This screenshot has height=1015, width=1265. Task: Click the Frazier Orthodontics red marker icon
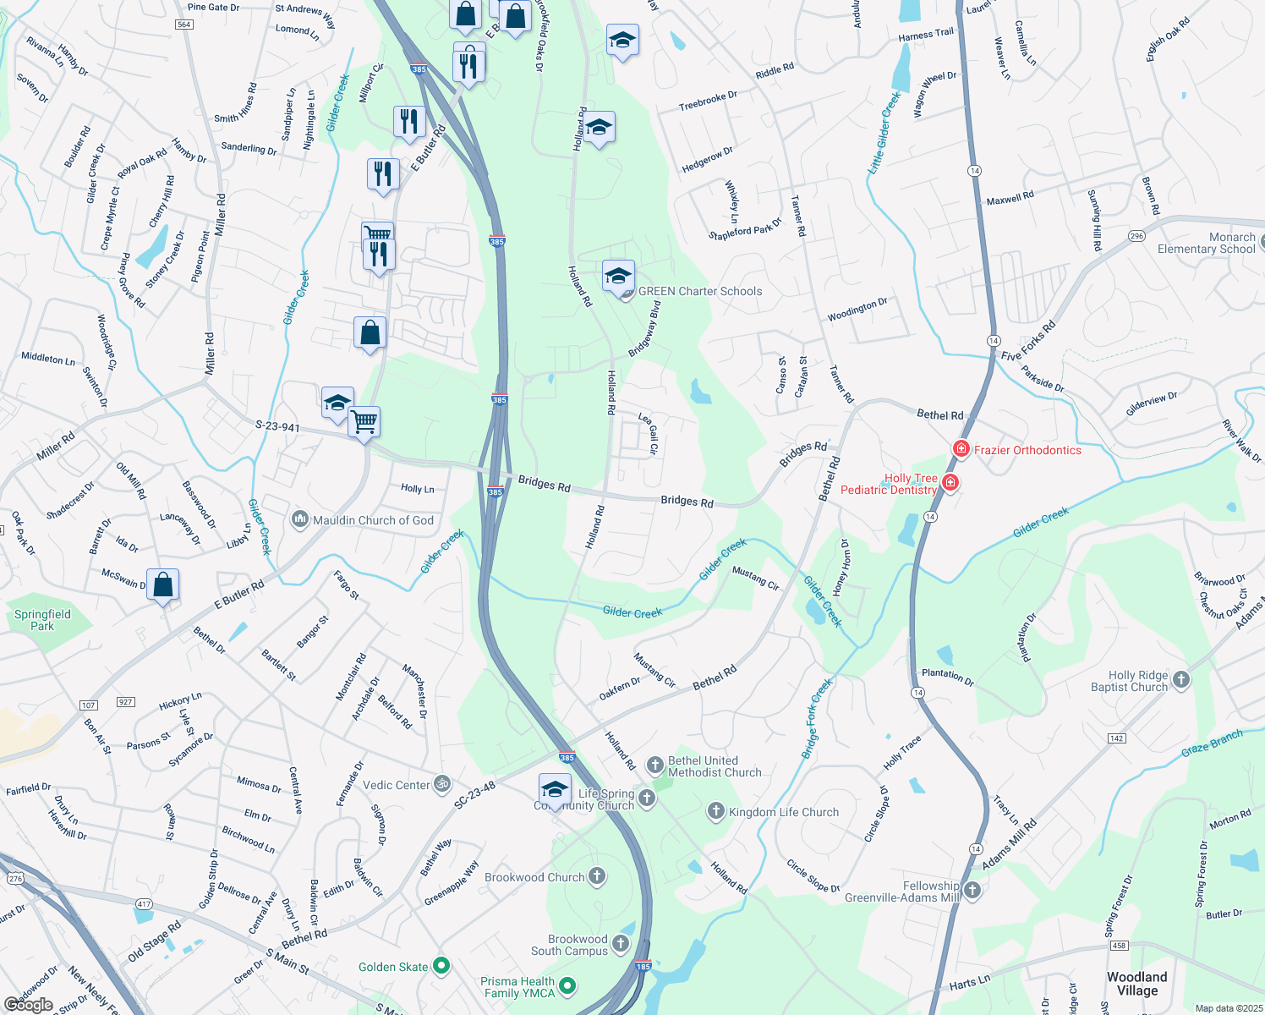pyautogui.click(x=961, y=449)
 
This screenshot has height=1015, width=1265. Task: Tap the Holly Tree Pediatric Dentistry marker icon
pyautogui.click(x=950, y=483)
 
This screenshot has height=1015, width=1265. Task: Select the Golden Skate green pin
pyautogui.click(x=441, y=965)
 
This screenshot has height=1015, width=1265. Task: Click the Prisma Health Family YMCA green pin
pyautogui.click(x=568, y=986)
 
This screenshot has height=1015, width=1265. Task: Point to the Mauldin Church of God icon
pyautogui.click(x=299, y=519)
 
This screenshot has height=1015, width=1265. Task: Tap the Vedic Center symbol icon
pyautogui.click(x=441, y=784)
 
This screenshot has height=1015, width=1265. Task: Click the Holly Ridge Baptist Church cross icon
pyautogui.click(x=1181, y=680)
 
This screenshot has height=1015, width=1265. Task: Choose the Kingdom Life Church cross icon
pyautogui.click(x=715, y=812)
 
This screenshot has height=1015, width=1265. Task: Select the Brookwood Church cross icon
pyautogui.click(x=597, y=876)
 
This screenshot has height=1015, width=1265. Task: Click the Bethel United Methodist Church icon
pyautogui.click(x=654, y=765)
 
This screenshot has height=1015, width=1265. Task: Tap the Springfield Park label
pyautogui.click(x=42, y=620)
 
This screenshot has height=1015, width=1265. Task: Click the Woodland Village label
pyautogui.click(x=1136, y=984)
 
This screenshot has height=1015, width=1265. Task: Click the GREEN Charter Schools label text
pyautogui.click(x=700, y=291)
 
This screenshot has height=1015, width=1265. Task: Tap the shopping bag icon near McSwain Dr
pyautogui.click(x=162, y=584)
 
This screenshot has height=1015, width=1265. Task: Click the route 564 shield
pyautogui.click(x=184, y=25)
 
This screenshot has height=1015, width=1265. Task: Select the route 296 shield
pyautogui.click(x=1136, y=237)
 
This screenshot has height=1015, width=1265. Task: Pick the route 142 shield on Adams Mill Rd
pyautogui.click(x=1116, y=738)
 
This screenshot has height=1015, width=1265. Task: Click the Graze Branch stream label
pyautogui.click(x=1212, y=743)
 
